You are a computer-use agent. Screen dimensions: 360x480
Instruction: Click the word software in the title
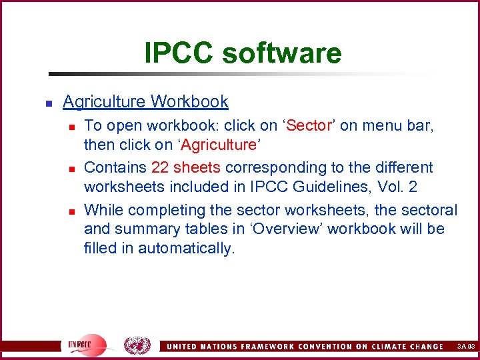[x=283, y=53]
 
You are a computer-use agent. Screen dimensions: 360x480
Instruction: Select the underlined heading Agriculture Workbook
[x=145, y=102]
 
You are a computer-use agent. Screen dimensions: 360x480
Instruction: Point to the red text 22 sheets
[x=185, y=167]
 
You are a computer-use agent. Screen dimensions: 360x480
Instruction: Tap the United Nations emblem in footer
[x=137, y=345]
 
